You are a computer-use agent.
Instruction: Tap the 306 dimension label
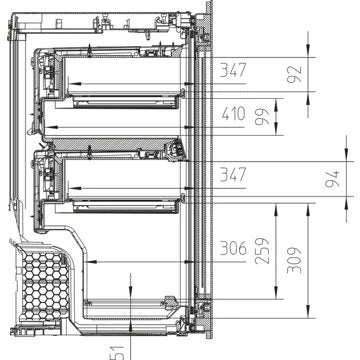pyautogui.click(x=235, y=250)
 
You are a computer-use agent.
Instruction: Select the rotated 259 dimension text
pyautogui.click(x=262, y=249)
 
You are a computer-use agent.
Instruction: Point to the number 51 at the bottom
pyautogui.click(x=118, y=351)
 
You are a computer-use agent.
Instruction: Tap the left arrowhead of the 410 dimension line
pyautogui.click(x=50, y=126)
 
